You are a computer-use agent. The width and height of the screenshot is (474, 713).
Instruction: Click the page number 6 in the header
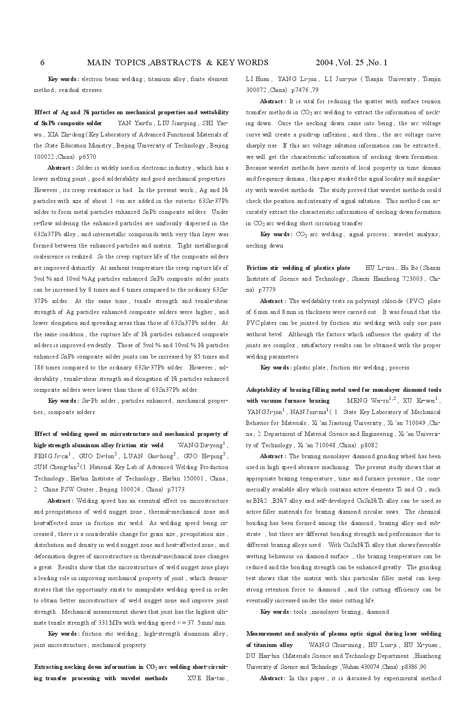[43, 62]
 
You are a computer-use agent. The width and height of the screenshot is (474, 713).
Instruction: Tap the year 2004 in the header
[324, 62]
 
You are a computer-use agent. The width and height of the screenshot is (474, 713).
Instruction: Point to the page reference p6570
[87, 156]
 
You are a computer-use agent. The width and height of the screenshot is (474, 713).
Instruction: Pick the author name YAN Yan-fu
[132, 123]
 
